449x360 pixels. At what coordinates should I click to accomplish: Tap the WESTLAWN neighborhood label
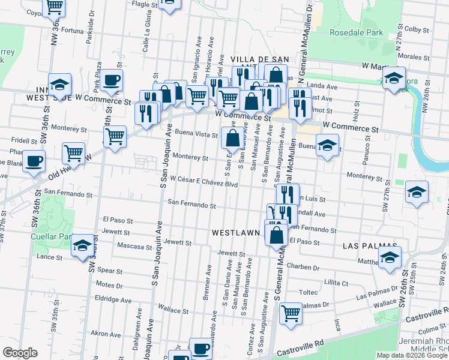[235, 232]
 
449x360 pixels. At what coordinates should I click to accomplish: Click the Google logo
[20, 353]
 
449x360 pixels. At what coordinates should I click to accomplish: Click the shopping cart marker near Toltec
[291, 313]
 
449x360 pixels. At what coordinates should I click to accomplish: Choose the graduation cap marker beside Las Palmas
[390, 258]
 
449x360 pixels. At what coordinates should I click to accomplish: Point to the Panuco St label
[365, 149]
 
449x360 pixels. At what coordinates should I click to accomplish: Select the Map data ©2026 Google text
[412, 355]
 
